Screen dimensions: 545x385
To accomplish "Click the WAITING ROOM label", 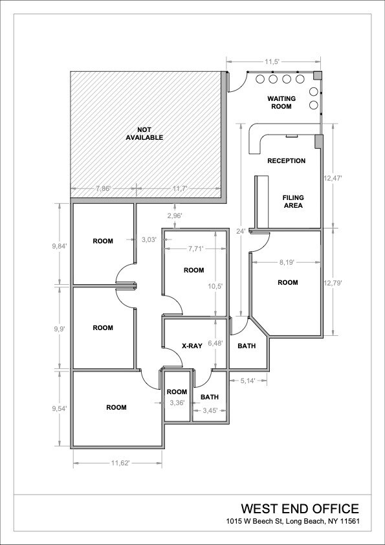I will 281,102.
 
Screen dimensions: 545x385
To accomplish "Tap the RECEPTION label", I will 286,161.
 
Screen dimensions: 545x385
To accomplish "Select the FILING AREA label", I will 292,201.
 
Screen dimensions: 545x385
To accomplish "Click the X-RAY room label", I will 192,346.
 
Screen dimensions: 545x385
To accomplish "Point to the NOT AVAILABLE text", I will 145,133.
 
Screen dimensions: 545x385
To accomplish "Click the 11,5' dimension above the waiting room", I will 272,61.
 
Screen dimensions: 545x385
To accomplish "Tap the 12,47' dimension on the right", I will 333,177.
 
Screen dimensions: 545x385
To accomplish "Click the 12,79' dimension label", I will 333,283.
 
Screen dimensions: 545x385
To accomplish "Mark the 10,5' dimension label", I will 215,286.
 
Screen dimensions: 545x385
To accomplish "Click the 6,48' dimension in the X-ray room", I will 215,344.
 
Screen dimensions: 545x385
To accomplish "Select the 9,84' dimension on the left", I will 60,245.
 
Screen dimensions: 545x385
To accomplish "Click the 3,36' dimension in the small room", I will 177,403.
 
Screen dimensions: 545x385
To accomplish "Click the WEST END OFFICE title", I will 300,508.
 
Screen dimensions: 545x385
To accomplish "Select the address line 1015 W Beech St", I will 292,522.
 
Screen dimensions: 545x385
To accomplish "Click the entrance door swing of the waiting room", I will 237,81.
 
